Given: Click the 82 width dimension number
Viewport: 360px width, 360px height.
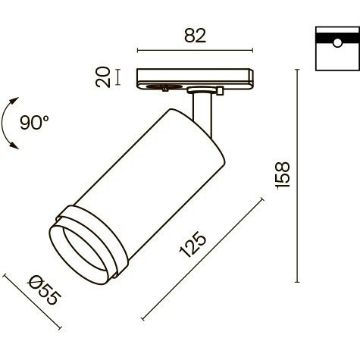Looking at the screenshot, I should [194, 36].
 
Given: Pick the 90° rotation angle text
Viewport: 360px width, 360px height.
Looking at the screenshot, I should [36, 121].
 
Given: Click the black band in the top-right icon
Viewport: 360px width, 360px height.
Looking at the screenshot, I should [333, 36].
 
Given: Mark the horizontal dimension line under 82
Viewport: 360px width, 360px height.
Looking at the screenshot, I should [194, 52].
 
